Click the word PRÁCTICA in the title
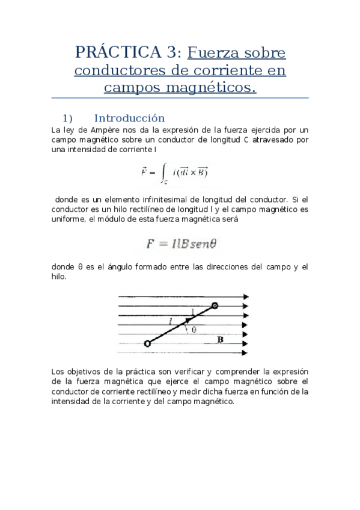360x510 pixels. tap(114, 52)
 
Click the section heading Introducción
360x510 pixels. tap(129, 118)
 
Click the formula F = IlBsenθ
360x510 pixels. tap(181, 244)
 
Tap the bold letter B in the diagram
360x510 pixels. tap(221, 339)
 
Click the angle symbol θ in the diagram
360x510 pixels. tap(194, 330)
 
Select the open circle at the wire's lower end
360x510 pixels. tap(148, 343)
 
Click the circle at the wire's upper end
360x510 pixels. tap(215, 306)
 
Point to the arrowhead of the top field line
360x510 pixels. tap(245, 296)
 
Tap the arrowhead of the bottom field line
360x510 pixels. tap(245, 353)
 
